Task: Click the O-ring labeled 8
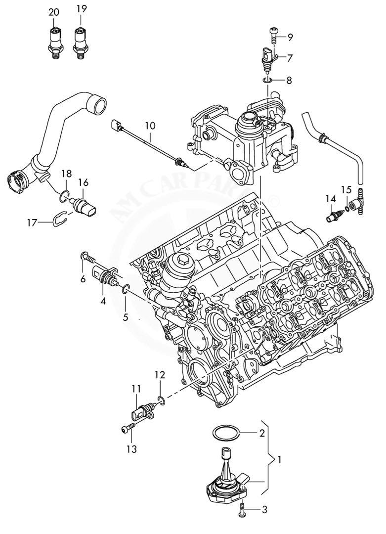tap(268, 79)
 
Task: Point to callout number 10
tap(150, 126)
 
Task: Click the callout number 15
tap(346, 189)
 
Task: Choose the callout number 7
tap(290, 58)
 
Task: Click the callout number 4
tap(103, 300)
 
